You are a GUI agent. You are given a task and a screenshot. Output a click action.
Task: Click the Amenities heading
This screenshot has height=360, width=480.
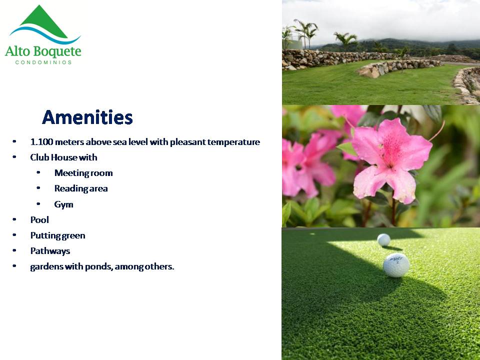[87, 117]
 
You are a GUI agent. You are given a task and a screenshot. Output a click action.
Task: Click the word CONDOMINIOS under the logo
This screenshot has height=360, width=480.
[43, 62]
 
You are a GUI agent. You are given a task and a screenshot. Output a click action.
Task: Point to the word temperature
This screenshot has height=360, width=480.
[233, 142]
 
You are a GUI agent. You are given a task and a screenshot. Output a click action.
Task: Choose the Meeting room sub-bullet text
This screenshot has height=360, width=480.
[83, 173]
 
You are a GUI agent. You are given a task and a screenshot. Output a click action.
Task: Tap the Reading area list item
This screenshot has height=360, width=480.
[81, 188]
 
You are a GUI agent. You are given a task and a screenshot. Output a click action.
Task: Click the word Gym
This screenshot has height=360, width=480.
[63, 204]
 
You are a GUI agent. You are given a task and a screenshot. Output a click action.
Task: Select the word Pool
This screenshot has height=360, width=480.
[39, 220]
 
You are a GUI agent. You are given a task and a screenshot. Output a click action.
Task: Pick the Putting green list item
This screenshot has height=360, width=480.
[57, 235]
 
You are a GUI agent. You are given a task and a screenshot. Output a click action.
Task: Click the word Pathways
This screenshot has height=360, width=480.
[50, 251]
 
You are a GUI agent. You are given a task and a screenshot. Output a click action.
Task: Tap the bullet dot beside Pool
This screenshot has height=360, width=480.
[14, 219]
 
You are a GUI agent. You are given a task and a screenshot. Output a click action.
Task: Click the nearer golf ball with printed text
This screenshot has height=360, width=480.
[396, 265]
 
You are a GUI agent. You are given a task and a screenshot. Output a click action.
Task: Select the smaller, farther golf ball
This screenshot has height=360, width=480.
[384, 239]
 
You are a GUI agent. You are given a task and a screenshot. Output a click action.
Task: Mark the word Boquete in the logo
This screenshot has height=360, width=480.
[57, 51]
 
